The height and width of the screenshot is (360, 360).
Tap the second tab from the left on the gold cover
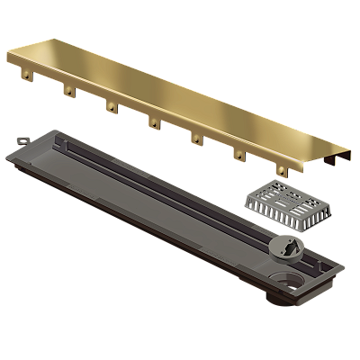[67, 90]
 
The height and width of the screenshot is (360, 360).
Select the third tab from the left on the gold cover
[112, 107]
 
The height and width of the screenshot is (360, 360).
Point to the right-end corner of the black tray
[340, 266]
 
